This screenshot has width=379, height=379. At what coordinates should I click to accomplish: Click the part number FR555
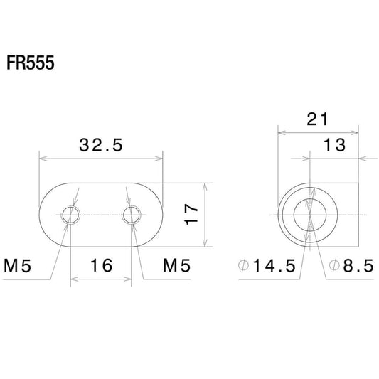click(x=31, y=63)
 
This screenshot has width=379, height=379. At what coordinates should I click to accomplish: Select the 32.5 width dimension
click(x=101, y=145)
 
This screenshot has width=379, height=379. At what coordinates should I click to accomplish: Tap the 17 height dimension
click(x=191, y=215)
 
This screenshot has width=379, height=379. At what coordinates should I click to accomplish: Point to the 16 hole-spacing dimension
click(x=101, y=265)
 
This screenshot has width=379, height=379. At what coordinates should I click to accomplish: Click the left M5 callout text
click(x=18, y=266)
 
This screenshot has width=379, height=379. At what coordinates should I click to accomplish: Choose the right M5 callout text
click(x=176, y=265)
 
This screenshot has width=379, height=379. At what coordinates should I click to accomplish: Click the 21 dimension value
click(x=318, y=119)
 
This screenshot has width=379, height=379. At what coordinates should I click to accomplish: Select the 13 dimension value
click(x=334, y=145)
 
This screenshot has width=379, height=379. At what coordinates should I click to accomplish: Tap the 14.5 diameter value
click(x=274, y=266)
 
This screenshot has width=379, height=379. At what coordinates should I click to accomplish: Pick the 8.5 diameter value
click(x=358, y=266)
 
